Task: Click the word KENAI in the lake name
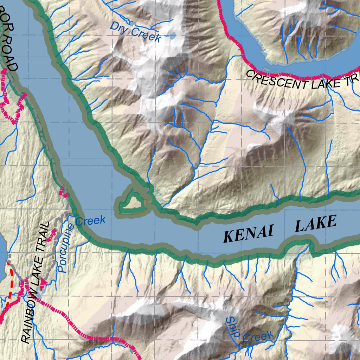tap(248, 234)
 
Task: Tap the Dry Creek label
tap(135, 32)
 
